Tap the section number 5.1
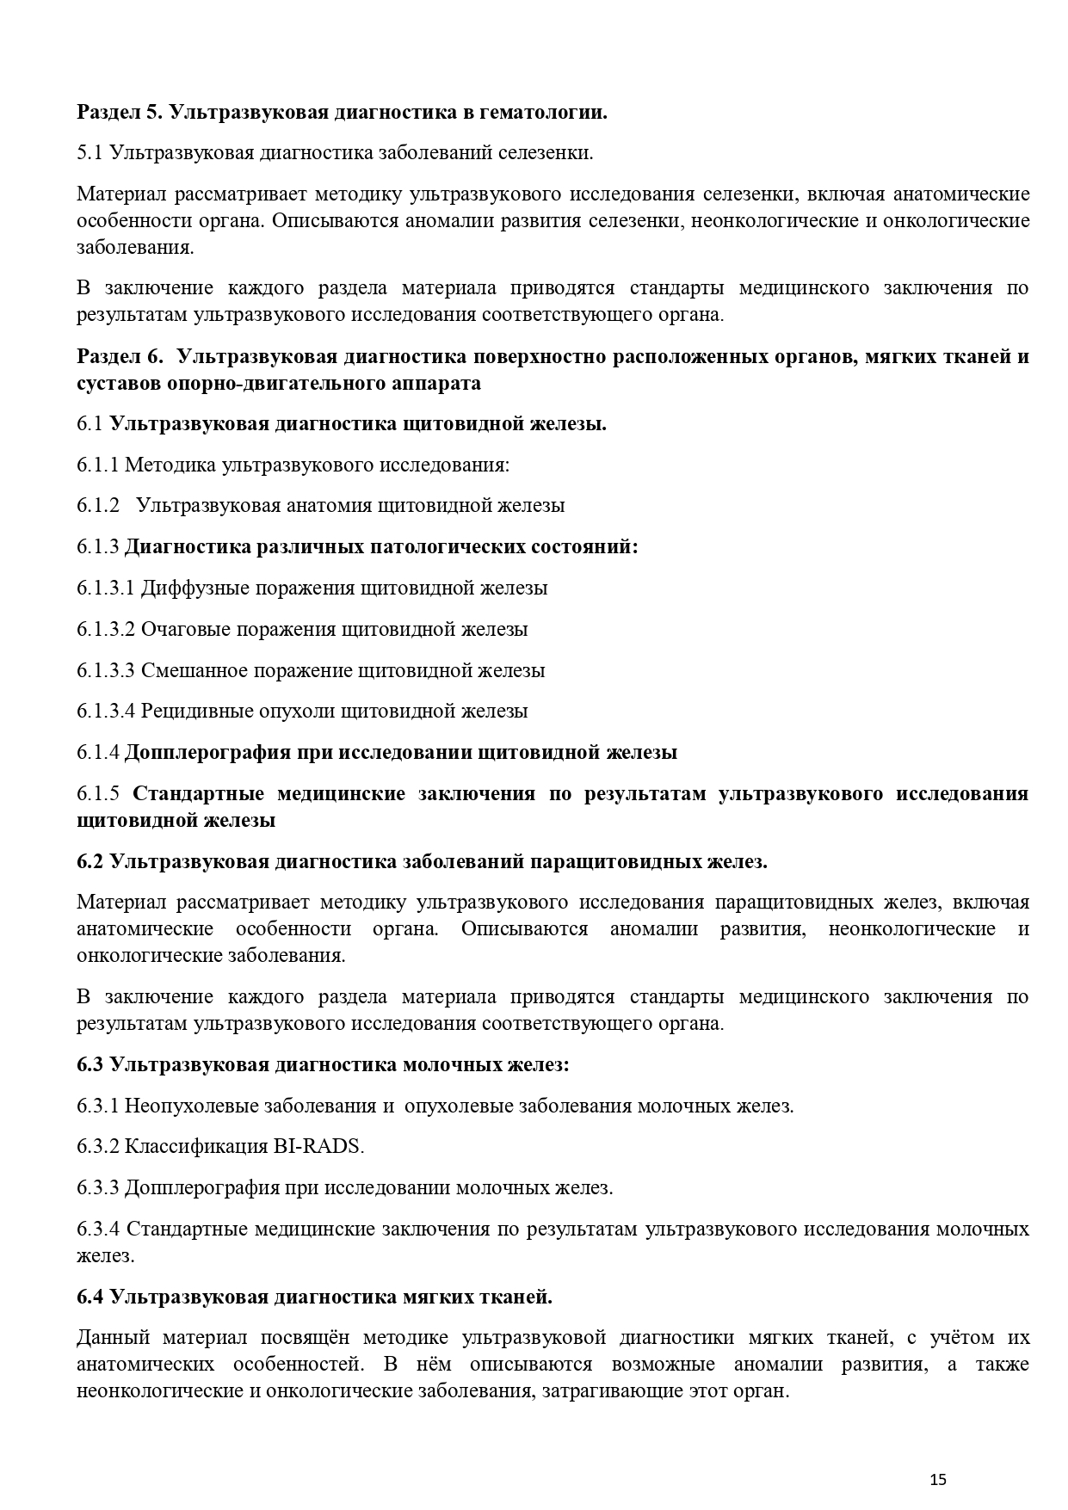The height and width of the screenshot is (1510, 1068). [x=90, y=153]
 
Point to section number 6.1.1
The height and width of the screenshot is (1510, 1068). [x=98, y=465]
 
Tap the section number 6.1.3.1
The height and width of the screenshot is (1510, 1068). [x=106, y=588]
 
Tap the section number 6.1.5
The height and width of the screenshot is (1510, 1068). [x=98, y=793]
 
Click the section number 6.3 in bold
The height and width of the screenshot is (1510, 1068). [x=90, y=1065]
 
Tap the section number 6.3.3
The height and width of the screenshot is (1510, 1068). [x=98, y=1188]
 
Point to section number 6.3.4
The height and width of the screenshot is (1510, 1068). [x=98, y=1229]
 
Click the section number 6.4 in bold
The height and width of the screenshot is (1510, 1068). [x=90, y=1296]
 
